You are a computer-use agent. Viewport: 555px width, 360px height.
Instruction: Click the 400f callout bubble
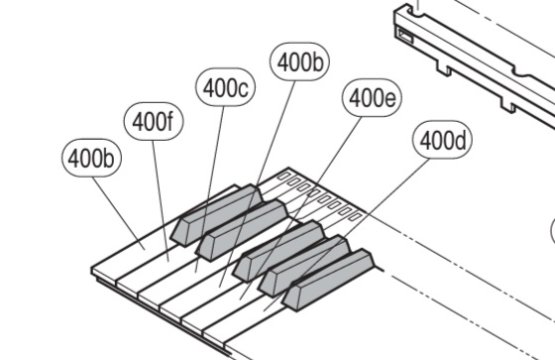pyautogui.click(x=154, y=122)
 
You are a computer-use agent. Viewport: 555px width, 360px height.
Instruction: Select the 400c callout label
pyautogui.click(x=226, y=87)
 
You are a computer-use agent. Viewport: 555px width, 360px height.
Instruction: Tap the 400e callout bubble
pyautogui.click(x=372, y=98)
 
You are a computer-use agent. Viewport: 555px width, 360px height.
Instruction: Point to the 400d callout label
pyautogui.click(x=442, y=140)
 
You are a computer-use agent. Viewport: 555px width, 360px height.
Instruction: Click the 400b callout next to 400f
pyautogui.click(x=91, y=158)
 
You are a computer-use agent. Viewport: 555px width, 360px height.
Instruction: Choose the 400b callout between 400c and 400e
pyautogui.click(x=299, y=61)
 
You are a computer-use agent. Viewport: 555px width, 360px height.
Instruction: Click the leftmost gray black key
pyautogui.click(x=216, y=215)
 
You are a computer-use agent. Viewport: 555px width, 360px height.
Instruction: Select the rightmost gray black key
pyautogui.click(x=328, y=280)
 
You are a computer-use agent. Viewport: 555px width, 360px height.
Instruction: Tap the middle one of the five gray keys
pyautogui.click(x=278, y=251)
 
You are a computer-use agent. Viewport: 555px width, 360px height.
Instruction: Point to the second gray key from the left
pyautogui.click(x=242, y=230)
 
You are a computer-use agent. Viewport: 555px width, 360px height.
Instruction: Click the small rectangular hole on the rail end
pyautogui.click(x=406, y=36)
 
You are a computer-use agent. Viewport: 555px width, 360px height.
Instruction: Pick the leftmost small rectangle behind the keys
pyautogui.click(x=283, y=176)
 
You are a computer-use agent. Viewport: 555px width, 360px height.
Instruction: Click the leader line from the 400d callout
pyautogui.click(x=347, y=235)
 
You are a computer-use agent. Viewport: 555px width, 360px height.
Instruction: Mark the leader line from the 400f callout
pyautogui.click(x=161, y=201)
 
